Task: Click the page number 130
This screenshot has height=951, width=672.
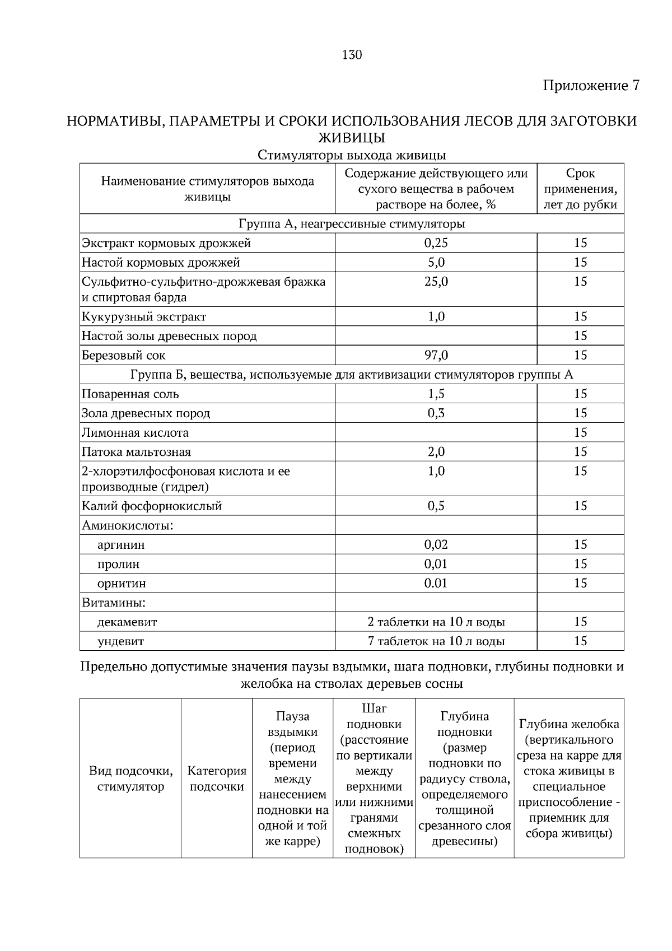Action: tap(351, 55)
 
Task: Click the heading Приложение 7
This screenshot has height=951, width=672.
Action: tap(591, 86)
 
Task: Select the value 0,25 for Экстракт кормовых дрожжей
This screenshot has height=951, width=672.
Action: tap(436, 243)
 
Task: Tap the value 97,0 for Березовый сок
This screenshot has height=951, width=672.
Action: tap(436, 355)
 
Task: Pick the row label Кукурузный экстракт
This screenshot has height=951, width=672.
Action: tap(144, 317)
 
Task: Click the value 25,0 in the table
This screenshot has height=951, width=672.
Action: tap(436, 282)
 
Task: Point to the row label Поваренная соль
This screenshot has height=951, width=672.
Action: tap(130, 394)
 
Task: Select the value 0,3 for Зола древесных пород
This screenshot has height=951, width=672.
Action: tap(436, 413)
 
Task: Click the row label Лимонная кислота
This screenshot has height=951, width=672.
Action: tap(135, 432)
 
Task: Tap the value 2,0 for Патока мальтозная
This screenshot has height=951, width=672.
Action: tap(436, 452)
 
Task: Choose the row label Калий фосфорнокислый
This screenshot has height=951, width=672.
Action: tap(152, 506)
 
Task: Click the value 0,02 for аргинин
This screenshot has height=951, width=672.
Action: tap(436, 544)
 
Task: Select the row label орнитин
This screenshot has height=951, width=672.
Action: tap(122, 584)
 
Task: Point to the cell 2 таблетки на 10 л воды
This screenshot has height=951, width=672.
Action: tap(436, 622)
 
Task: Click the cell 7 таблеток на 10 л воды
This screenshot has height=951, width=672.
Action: tap(436, 641)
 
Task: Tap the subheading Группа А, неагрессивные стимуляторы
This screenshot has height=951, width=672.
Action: tap(352, 224)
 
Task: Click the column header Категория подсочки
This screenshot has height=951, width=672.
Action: tap(217, 778)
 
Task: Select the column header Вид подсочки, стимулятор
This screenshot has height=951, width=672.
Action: tap(130, 778)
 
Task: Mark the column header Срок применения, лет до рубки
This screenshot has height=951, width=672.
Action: tap(580, 189)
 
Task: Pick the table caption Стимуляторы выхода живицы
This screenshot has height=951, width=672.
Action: tap(352, 155)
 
